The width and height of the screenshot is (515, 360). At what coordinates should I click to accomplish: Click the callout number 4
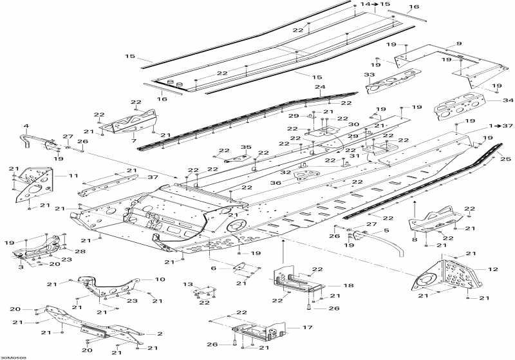click(26, 126)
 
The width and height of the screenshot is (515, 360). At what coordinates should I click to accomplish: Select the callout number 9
click(459, 43)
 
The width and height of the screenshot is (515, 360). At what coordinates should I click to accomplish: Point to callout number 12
click(494, 269)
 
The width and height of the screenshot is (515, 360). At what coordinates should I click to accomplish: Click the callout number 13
click(188, 283)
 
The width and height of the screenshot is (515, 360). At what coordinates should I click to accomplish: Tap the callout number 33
click(370, 76)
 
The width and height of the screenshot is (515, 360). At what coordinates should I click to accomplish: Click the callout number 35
click(245, 147)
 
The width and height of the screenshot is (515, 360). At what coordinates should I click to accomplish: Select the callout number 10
click(160, 279)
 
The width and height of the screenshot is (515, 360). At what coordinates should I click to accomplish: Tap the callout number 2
click(160, 334)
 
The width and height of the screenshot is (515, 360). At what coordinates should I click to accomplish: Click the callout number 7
click(133, 140)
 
